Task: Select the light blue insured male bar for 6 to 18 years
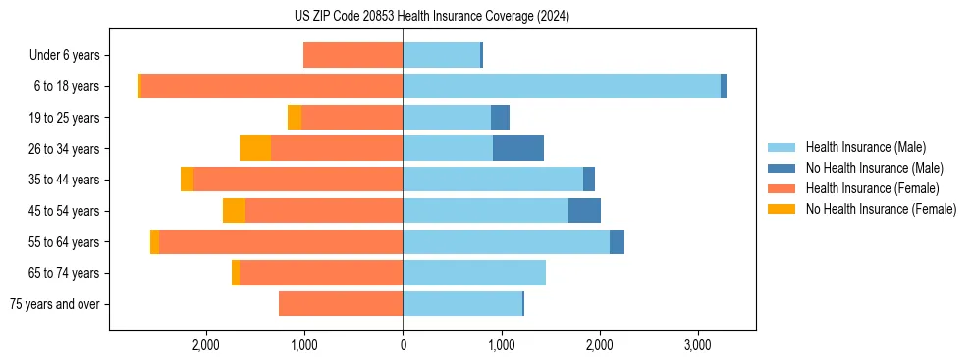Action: (561, 86)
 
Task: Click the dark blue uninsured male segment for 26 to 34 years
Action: (517, 148)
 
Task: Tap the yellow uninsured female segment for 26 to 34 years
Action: (255, 148)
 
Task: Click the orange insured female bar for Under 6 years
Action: (352, 55)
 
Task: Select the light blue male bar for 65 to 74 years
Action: (474, 273)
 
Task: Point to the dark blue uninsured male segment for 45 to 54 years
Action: (584, 211)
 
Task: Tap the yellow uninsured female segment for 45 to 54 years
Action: (234, 211)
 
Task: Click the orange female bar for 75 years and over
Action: (341, 304)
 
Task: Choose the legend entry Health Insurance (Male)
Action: (864, 147)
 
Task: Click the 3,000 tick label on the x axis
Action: (698, 346)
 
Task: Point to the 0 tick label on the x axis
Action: (403, 346)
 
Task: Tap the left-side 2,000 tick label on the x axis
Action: (205, 346)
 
